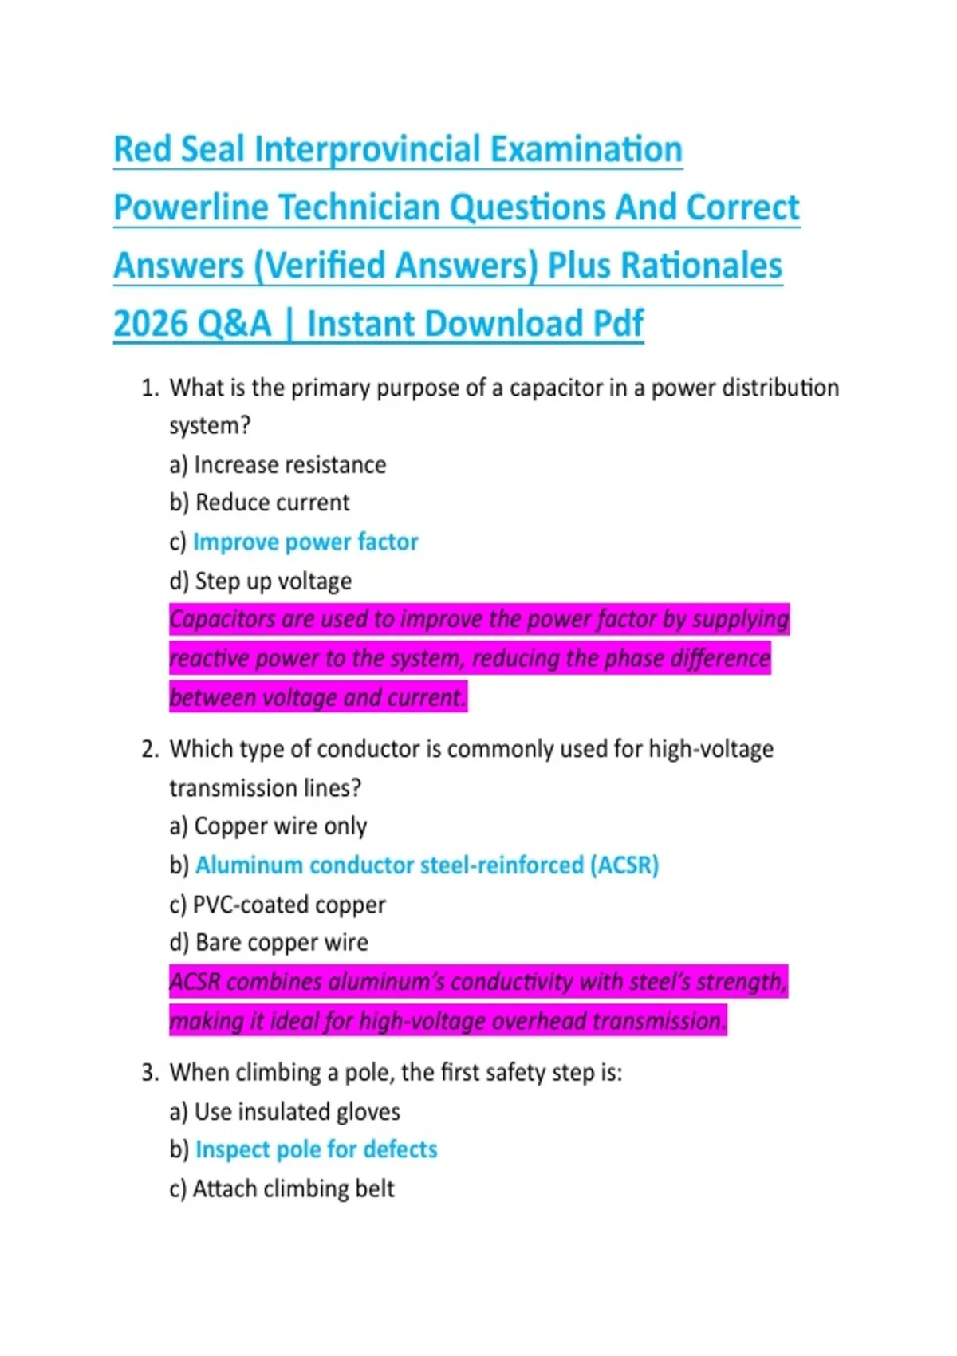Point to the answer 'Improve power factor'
pyautogui.click(x=305, y=542)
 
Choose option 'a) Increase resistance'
pyautogui.click(x=278, y=464)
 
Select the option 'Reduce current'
pyautogui.click(x=272, y=503)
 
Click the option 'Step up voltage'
pyautogui.click(x=273, y=581)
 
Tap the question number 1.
pyautogui.click(x=149, y=388)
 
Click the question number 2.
pyautogui.click(x=149, y=749)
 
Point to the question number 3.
pyautogui.click(x=149, y=1072)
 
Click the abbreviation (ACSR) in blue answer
pyautogui.click(x=624, y=865)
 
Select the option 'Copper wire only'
pyautogui.click(x=280, y=826)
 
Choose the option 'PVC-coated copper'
pyautogui.click(x=289, y=905)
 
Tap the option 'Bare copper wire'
pyautogui.click(x=282, y=943)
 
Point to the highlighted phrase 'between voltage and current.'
pyautogui.click(x=317, y=697)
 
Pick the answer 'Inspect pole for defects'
pyautogui.click(x=316, y=1149)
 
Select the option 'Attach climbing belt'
pyautogui.click(x=293, y=1188)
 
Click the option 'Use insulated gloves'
pyautogui.click(x=297, y=1111)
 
